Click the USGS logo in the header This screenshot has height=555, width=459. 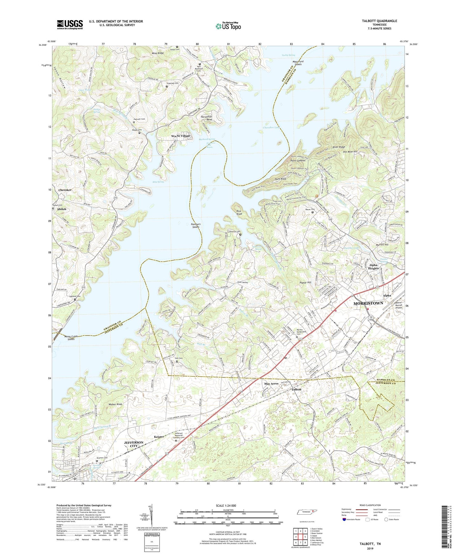click(x=70, y=24)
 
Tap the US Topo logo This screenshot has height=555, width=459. click(x=228, y=26)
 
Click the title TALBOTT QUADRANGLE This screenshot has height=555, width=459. click(x=379, y=21)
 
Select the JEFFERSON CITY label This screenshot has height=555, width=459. click(x=133, y=444)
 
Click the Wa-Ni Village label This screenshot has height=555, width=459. click(x=180, y=136)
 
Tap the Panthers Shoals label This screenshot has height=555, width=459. click(x=196, y=226)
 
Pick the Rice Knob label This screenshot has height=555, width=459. click(x=239, y=212)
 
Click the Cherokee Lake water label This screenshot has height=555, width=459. click(x=271, y=128)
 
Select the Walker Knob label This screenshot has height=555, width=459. click(x=115, y=404)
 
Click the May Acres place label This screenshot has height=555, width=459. click(x=271, y=384)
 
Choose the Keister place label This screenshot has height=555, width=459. click(x=159, y=437)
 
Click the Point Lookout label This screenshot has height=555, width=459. click(x=298, y=161)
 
